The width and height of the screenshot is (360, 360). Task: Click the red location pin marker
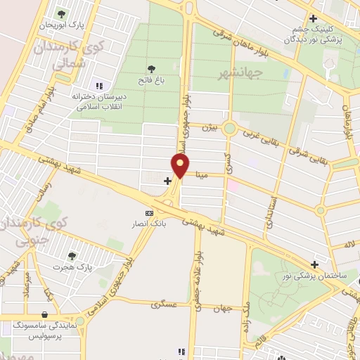(x=181, y=166)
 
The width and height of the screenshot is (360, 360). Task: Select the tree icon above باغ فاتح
(x=151, y=68)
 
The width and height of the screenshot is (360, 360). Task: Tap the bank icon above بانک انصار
(x=148, y=213)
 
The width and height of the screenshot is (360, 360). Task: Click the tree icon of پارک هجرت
(x=72, y=256)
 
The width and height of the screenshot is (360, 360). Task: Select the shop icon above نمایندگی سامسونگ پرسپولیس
(x=46, y=314)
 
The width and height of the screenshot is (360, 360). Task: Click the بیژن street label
(x=206, y=127)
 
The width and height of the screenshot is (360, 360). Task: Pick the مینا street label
(x=202, y=176)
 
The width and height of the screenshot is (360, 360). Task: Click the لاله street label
(x=349, y=243)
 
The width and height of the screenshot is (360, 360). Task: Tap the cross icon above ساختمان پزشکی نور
(x=314, y=265)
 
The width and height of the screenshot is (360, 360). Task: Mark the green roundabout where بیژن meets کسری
(x=229, y=129)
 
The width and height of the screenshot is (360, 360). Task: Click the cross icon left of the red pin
(x=167, y=181)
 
